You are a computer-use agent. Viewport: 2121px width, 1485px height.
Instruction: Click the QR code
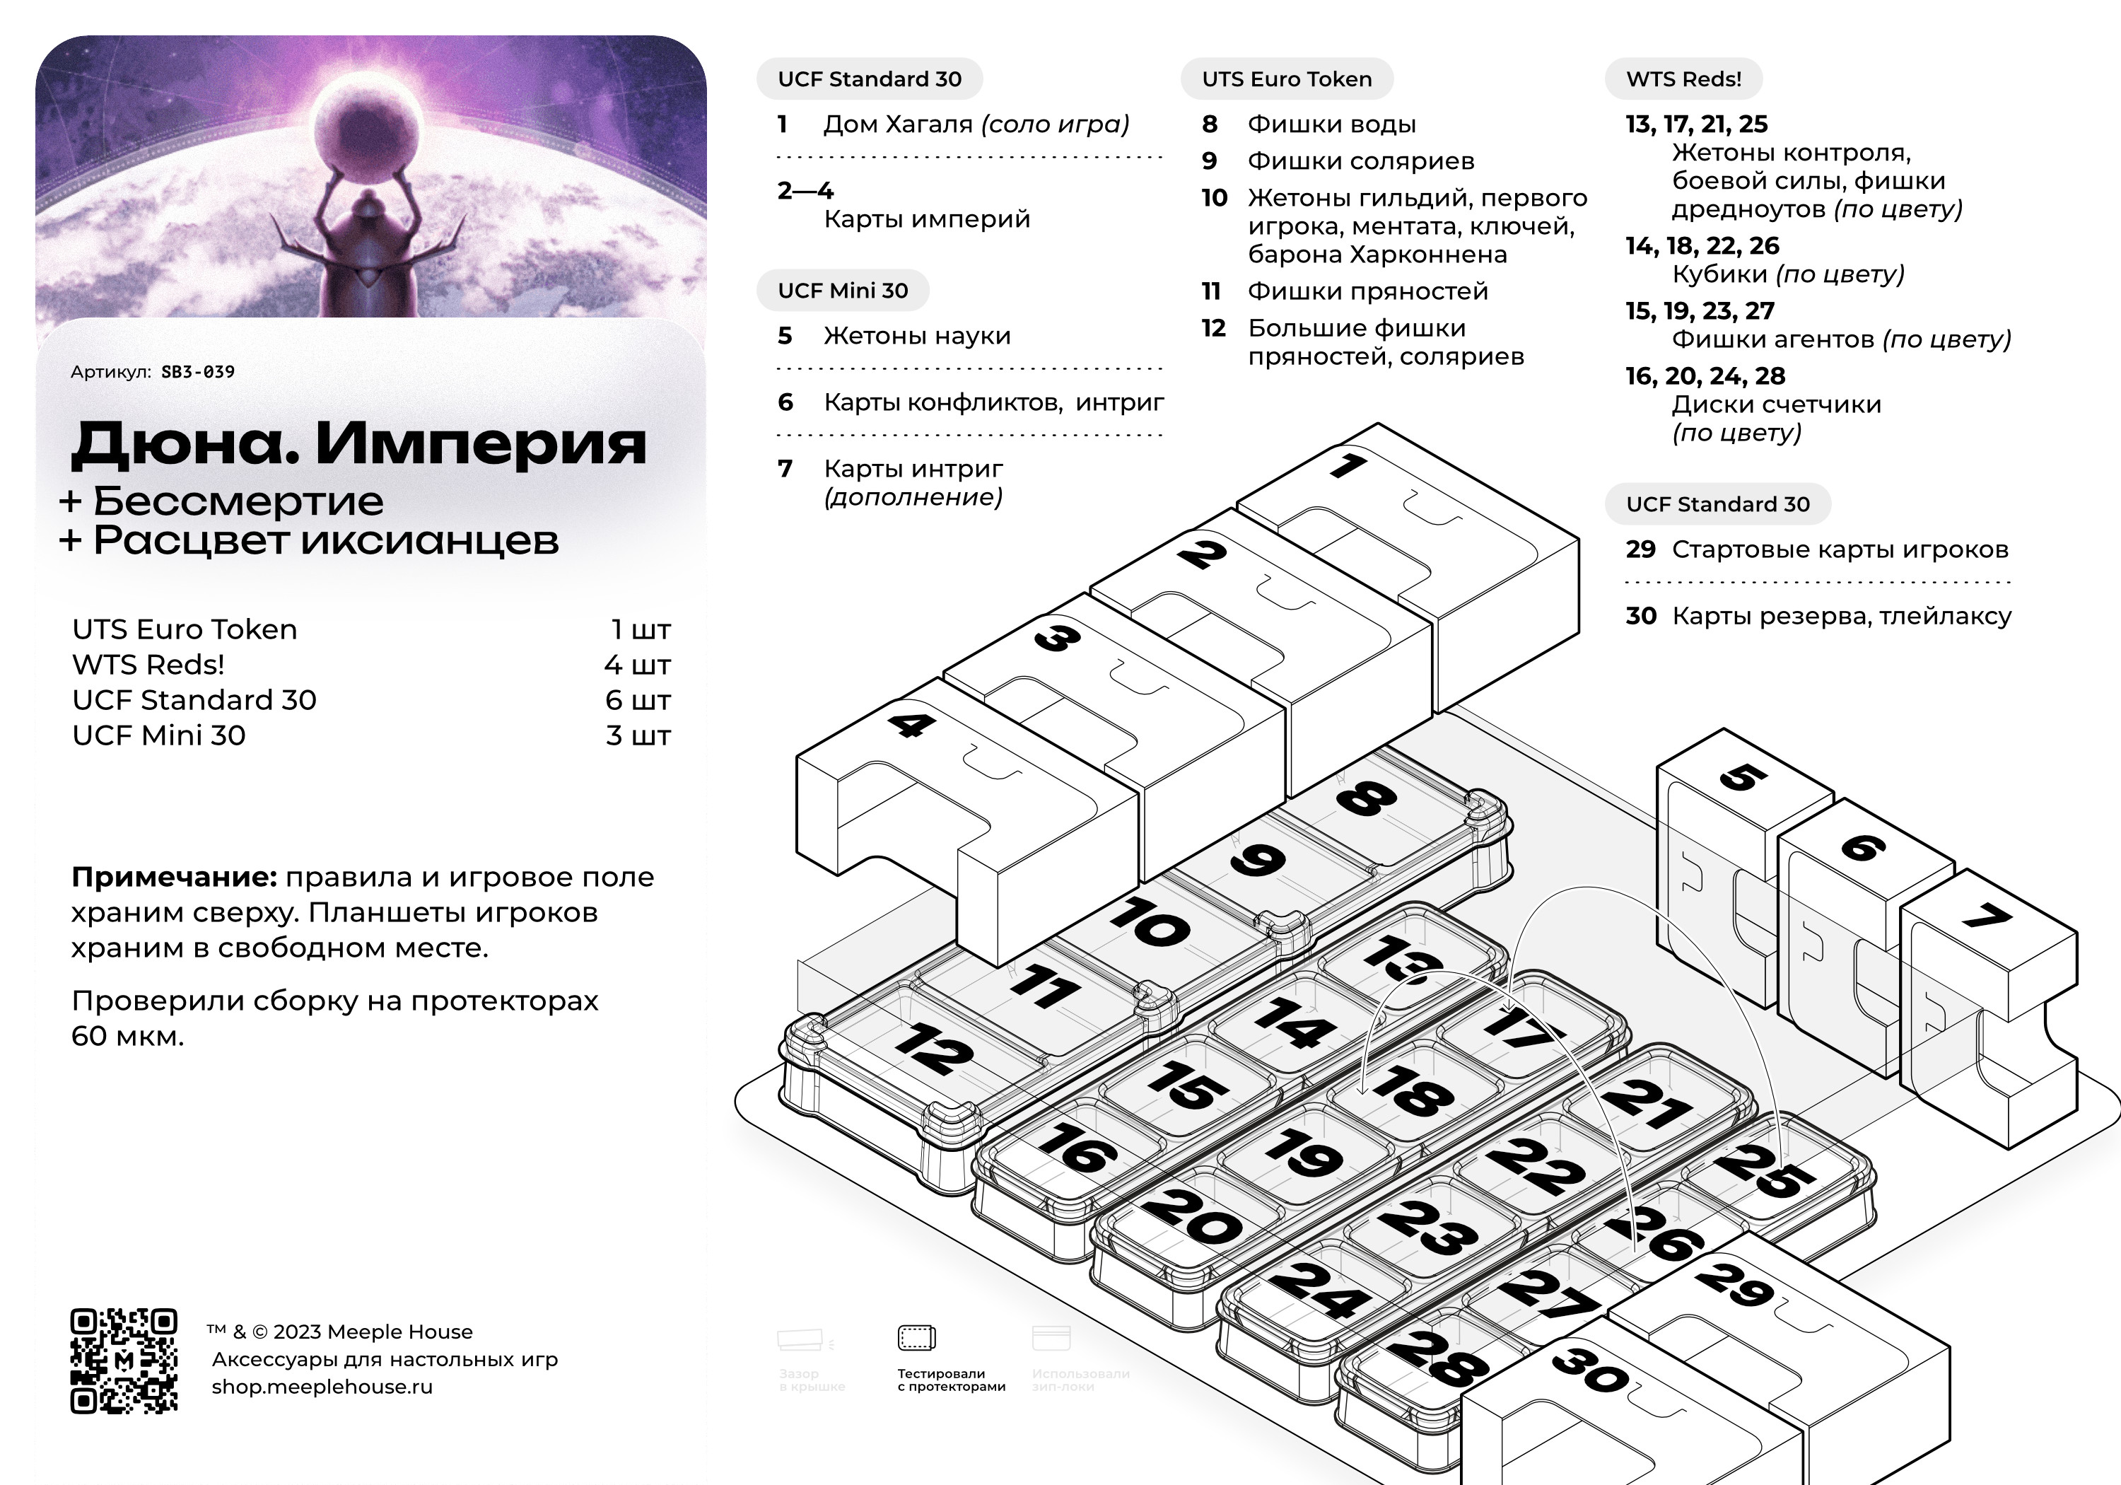124,1361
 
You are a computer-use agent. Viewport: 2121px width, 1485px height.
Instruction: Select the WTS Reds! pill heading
1683,79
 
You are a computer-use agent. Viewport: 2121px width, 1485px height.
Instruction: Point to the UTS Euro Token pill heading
1286,79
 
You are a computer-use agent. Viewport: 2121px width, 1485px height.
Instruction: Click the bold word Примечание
174,877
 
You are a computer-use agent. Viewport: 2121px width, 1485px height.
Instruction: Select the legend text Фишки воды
1331,124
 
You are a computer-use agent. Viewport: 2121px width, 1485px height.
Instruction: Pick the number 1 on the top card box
1349,465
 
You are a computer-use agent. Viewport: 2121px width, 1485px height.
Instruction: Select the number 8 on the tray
1366,798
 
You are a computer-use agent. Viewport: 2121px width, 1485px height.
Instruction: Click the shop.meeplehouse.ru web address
322,1387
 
